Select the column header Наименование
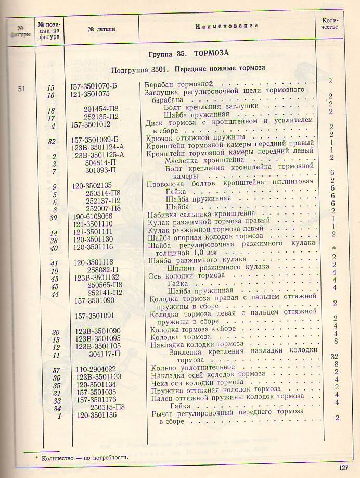pyautogui.click(x=226, y=26)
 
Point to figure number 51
pyautogui.click(x=21, y=88)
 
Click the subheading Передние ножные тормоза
pyautogui.click(x=220, y=68)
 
